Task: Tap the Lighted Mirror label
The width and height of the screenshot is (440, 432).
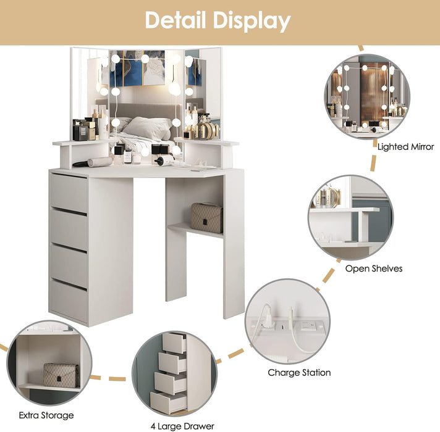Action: tap(405, 147)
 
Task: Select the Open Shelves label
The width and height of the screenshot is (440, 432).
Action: tap(373, 268)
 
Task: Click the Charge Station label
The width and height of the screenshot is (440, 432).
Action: tap(299, 372)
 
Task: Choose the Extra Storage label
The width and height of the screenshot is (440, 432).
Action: tap(46, 415)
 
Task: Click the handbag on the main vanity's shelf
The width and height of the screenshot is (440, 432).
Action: tap(206, 217)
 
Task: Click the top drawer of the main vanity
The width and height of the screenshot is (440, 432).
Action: tap(69, 192)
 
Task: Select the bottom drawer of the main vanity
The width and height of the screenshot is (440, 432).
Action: tap(69, 299)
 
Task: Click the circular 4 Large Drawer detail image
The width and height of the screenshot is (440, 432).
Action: tap(175, 373)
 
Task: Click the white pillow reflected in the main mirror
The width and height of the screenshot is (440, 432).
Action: tap(148, 128)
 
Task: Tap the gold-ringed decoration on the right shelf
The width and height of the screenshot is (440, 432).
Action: tap(207, 130)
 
